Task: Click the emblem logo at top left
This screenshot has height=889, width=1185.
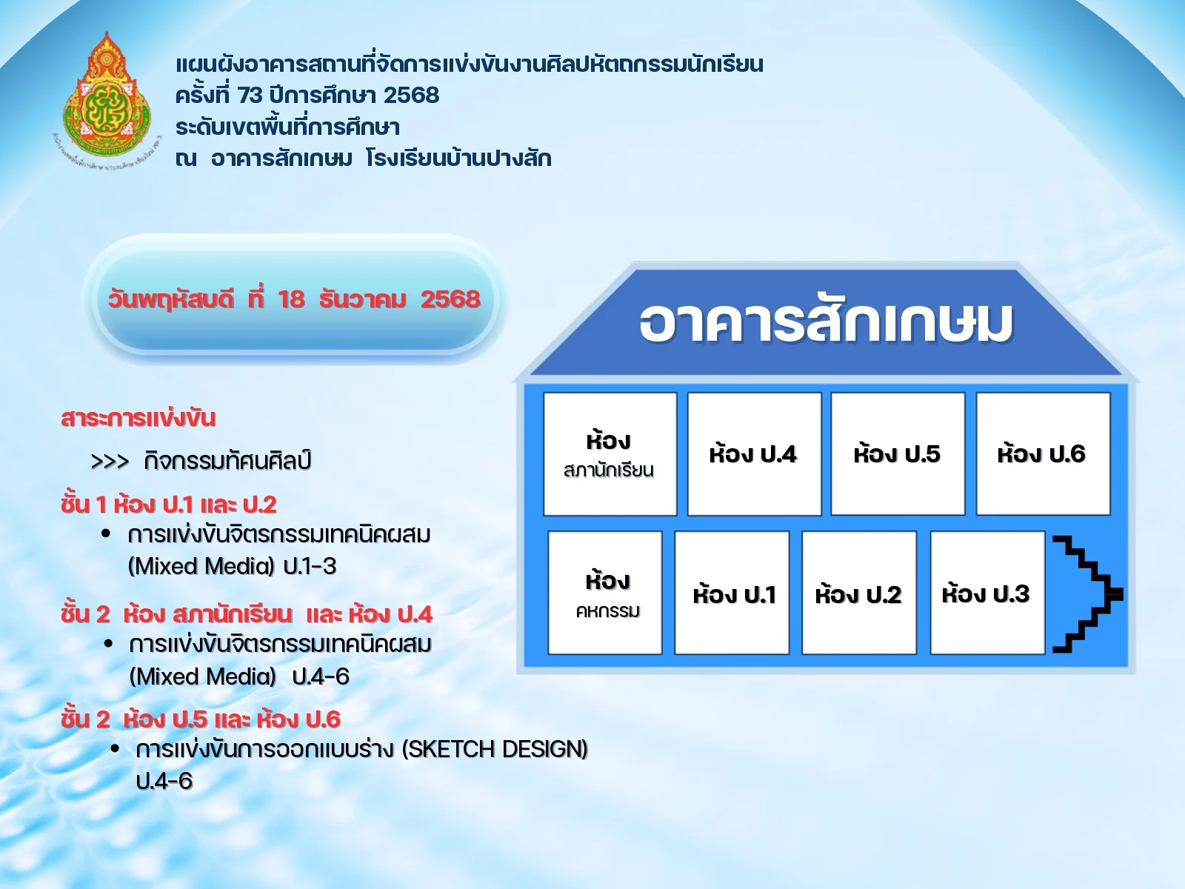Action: point(107,100)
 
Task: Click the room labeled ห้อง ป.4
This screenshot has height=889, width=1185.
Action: point(754,453)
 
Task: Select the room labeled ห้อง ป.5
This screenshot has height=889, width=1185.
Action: point(898,453)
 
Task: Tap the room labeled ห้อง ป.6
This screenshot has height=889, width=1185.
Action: point(1043,453)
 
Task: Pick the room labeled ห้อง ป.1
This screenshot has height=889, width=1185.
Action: point(732,593)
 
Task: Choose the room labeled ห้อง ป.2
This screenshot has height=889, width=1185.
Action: point(859,593)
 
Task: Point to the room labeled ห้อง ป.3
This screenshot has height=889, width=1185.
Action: point(987,593)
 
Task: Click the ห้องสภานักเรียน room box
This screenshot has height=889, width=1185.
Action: point(610,453)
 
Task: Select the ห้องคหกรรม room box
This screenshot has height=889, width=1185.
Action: point(605,593)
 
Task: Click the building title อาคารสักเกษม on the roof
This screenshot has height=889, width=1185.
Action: point(826,323)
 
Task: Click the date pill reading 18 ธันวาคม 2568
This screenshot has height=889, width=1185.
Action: point(294,299)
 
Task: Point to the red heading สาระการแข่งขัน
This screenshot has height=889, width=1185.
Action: point(138,418)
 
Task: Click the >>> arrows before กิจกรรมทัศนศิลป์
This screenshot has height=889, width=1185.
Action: point(110,462)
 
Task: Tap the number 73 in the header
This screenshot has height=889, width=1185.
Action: point(250,96)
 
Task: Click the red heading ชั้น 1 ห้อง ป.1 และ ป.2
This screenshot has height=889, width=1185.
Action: point(169,505)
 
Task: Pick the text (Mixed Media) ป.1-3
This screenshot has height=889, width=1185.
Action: point(232,567)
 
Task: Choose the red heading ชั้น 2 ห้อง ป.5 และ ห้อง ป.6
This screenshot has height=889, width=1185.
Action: point(201,719)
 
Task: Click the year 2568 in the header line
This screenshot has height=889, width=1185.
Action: point(411,96)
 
